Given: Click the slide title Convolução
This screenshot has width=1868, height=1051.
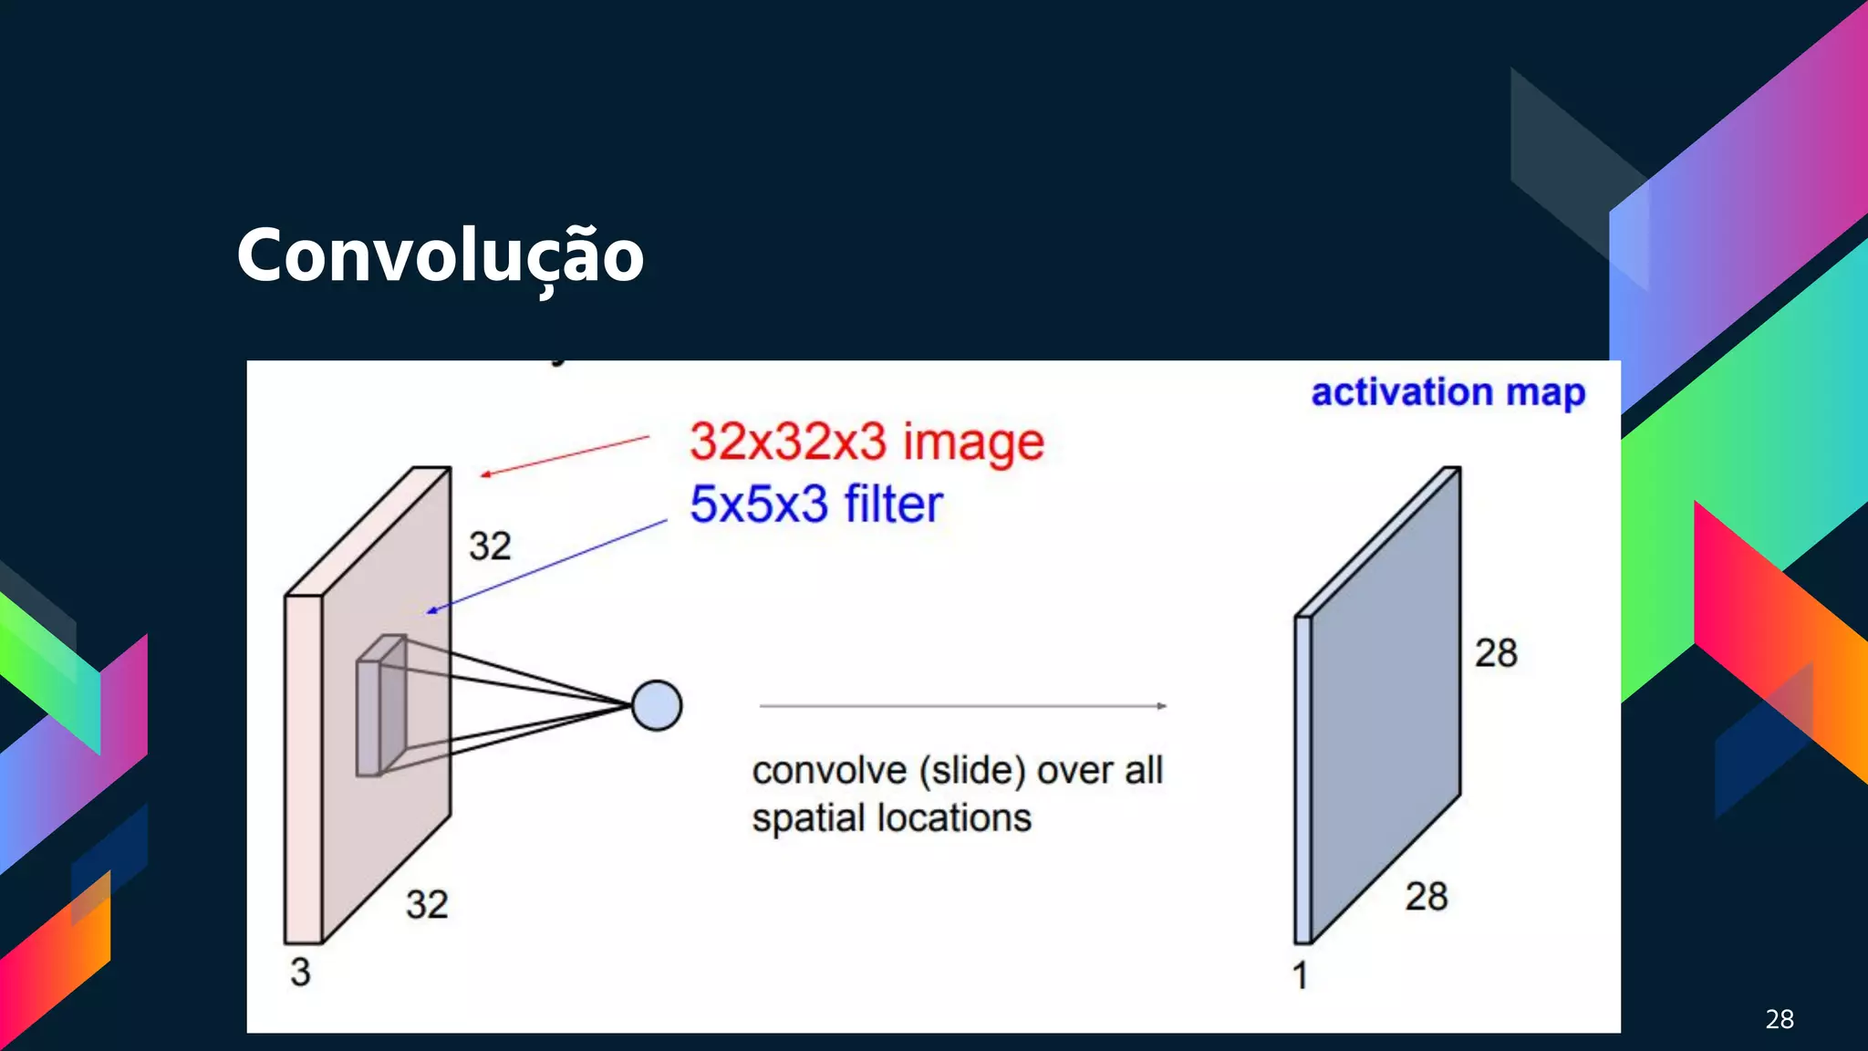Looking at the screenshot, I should (x=440, y=255).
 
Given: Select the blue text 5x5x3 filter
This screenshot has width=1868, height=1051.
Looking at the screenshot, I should (x=815, y=505).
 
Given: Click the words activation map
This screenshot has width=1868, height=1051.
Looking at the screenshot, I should (x=1448, y=392).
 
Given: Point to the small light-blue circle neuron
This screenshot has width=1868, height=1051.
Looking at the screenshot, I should (x=657, y=705).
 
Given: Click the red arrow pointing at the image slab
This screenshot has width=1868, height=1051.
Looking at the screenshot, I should (x=566, y=456).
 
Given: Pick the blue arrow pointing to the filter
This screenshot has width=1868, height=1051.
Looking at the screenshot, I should (x=547, y=566).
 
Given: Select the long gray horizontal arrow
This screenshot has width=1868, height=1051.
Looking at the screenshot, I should (x=962, y=705).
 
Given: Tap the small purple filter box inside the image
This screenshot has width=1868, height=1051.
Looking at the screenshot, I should (x=380, y=707).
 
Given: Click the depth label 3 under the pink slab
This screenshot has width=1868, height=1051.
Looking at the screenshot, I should (x=300, y=973).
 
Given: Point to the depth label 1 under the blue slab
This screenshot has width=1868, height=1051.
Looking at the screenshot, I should (x=1300, y=976).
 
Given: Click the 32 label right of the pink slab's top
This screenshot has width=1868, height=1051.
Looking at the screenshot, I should (x=490, y=546).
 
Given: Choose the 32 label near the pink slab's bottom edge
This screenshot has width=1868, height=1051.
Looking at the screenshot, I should (x=427, y=905).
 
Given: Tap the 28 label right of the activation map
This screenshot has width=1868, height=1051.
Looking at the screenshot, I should (x=1496, y=653).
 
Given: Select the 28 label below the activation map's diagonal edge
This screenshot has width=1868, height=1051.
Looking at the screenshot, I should (x=1426, y=897).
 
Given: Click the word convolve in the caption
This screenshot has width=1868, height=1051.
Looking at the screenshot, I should (x=829, y=772).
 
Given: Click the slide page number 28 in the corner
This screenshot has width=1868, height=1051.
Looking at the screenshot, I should (x=1779, y=1019).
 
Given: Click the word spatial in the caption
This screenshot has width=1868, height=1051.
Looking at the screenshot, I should (x=808, y=819).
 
